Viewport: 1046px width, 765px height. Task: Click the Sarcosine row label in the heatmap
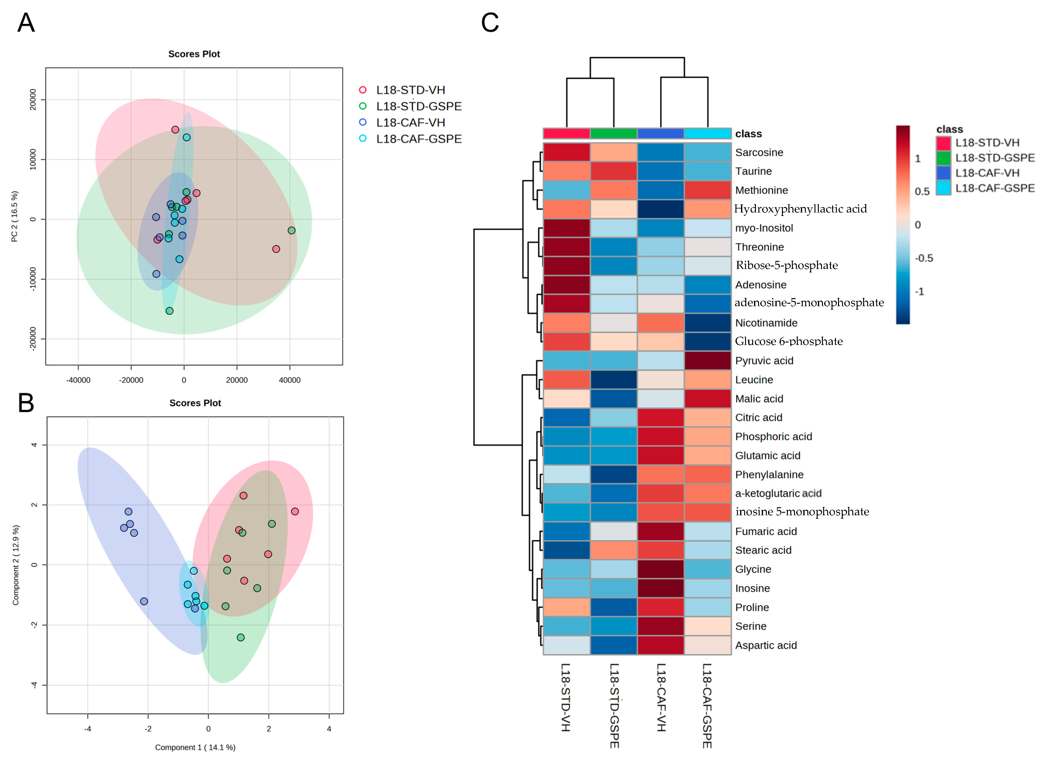(x=759, y=152)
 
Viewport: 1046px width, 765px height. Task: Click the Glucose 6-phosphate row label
(x=788, y=341)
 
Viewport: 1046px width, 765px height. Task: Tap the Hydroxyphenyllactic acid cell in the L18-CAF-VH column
(x=660, y=209)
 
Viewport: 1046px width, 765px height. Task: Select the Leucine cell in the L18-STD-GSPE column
(x=613, y=379)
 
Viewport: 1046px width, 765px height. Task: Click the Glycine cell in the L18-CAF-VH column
(x=660, y=569)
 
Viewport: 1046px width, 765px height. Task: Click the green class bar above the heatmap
(x=613, y=133)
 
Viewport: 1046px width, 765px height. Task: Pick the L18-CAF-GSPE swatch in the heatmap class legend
(x=943, y=188)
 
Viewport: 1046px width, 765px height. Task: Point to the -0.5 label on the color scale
(x=923, y=258)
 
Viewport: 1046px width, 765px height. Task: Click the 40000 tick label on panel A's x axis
(x=289, y=380)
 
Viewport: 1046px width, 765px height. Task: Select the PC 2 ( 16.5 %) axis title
(x=15, y=216)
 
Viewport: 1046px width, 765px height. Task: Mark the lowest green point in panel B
(x=240, y=637)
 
